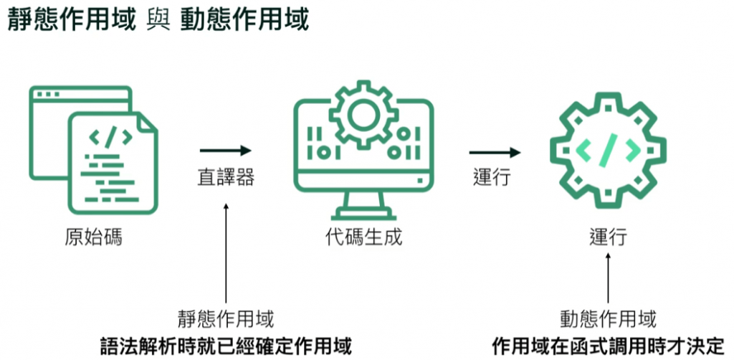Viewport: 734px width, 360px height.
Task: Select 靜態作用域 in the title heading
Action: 72,19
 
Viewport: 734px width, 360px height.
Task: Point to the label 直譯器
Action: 226,178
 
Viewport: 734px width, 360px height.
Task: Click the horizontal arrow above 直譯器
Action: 226,151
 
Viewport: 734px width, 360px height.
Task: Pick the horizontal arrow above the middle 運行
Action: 495,152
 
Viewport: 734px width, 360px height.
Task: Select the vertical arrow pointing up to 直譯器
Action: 226,251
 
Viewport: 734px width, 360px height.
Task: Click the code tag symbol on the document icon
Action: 109,136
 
